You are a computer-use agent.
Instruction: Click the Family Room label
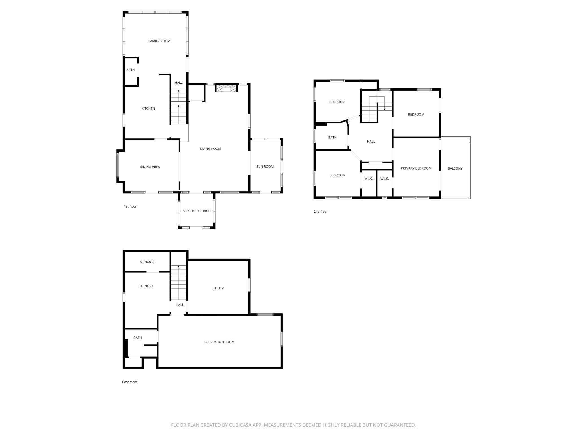[159, 41]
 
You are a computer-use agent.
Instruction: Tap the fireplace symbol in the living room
[226, 89]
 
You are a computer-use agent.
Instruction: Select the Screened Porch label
[196, 211]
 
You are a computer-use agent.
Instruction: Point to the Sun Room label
[265, 167]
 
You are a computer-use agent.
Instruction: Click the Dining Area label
[150, 167]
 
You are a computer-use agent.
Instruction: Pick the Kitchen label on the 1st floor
[148, 109]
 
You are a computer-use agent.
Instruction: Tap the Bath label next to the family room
[130, 70]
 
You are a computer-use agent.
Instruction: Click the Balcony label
[455, 169]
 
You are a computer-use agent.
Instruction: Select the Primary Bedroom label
[416, 168]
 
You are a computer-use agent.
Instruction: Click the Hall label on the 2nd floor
[371, 142]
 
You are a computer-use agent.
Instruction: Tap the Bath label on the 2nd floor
[332, 138]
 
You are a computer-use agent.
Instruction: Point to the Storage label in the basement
[147, 262]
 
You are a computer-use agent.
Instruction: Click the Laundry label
[146, 286]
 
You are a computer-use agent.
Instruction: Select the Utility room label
[218, 288]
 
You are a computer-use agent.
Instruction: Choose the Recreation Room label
[219, 342]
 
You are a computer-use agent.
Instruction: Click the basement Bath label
[137, 338]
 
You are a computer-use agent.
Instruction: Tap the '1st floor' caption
[130, 206]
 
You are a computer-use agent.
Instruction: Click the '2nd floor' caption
[321, 212]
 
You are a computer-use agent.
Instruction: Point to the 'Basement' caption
[130, 382]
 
